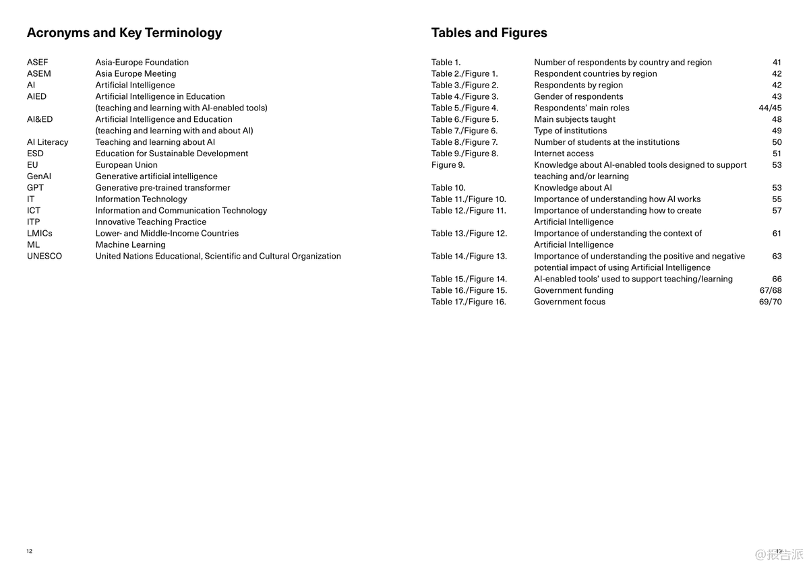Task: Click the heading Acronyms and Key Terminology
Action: pyautogui.click(x=124, y=32)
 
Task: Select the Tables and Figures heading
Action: pyautogui.click(x=489, y=32)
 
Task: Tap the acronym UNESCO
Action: pyautogui.click(x=44, y=256)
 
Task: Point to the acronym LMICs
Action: pyautogui.click(x=40, y=233)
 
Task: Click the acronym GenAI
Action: pyautogui.click(x=39, y=176)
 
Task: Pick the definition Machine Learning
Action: pyautogui.click(x=130, y=244)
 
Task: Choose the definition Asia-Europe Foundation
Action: pyautogui.click(x=142, y=62)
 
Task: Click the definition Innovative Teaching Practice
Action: pyautogui.click(x=151, y=222)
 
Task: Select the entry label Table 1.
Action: pyautogui.click(x=446, y=62)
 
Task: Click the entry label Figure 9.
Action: pyautogui.click(x=448, y=165)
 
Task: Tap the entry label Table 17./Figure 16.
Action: pyautogui.click(x=469, y=302)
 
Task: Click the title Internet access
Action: pyautogui.click(x=564, y=154)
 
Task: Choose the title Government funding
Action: pyautogui.click(x=574, y=290)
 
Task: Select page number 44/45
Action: pyautogui.click(x=770, y=108)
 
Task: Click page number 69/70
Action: pyautogui.click(x=770, y=302)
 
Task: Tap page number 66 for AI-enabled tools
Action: pyautogui.click(x=777, y=279)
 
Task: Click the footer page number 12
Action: pyautogui.click(x=30, y=551)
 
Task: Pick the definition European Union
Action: pyautogui.click(x=126, y=165)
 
